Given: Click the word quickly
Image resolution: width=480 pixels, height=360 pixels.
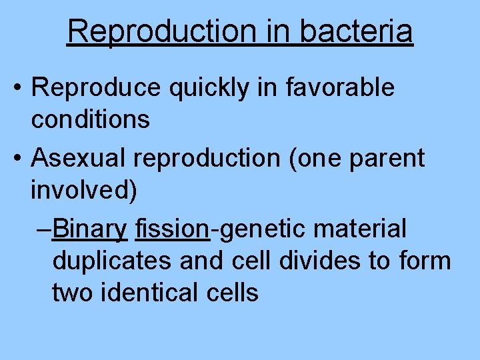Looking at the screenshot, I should point(210,87).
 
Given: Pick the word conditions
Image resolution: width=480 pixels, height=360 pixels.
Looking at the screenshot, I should point(90,120).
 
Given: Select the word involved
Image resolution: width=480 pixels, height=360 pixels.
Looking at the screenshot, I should point(84,191).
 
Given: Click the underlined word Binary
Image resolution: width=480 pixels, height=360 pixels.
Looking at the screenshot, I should point(90,229).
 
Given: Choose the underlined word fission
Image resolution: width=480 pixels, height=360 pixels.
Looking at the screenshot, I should point(173,229).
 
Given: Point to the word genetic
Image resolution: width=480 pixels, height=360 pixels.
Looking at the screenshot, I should point(262,229).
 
